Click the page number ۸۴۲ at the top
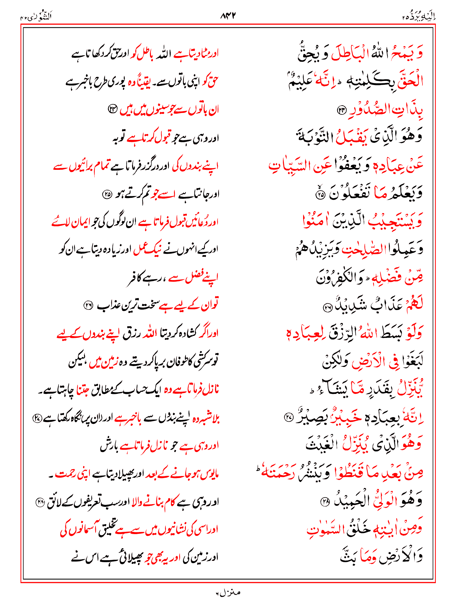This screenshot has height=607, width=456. point(228,16)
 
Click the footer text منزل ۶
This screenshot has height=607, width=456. point(228,592)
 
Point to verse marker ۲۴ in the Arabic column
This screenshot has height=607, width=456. point(342,110)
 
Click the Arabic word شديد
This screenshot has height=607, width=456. point(350,305)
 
